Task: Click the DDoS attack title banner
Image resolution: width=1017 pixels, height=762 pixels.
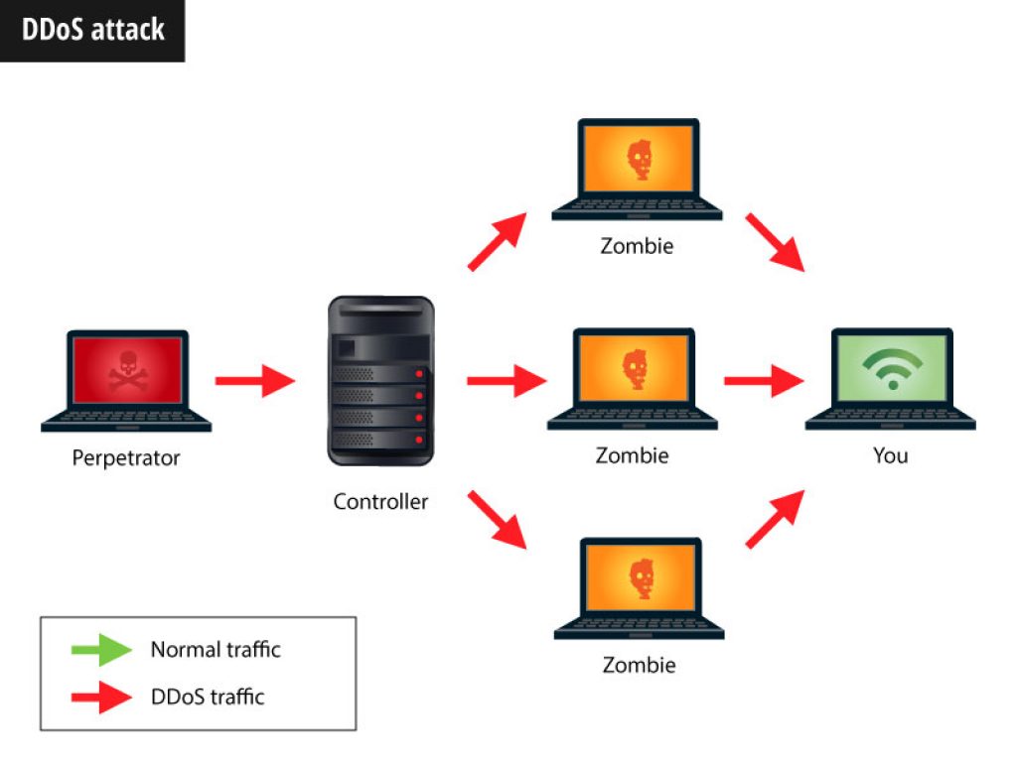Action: click(x=92, y=31)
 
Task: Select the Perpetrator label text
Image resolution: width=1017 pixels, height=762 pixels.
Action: click(x=126, y=458)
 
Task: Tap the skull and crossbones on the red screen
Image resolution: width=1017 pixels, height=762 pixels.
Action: click(x=128, y=371)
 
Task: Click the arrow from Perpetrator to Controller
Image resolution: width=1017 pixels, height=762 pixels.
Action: click(x=255, y=380)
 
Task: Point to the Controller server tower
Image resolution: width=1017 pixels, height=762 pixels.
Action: click(x=380, y=381)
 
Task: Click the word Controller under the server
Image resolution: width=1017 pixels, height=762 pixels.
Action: click(x=380, y=501)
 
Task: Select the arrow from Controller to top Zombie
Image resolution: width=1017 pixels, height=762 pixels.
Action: click(x=497, y=241)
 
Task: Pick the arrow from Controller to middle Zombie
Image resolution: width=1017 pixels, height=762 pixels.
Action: click(x=507, y=380)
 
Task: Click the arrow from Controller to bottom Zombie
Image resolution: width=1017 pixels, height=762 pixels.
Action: click(x=497, y=520)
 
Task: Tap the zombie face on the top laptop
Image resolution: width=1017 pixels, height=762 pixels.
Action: click(x=639, y=160)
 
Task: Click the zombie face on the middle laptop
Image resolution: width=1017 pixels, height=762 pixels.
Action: click(x=635, y=369)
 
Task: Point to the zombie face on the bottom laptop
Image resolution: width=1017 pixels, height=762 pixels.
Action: click(x=642, y=578)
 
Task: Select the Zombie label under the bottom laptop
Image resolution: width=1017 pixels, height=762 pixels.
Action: click(x=639, y=665)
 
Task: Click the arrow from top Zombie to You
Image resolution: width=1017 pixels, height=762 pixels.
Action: click(x=775, y=242)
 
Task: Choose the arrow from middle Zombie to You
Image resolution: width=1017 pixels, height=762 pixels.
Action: click(x=764, y=380)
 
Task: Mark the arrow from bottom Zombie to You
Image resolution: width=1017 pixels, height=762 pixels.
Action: click(x=775, y=520)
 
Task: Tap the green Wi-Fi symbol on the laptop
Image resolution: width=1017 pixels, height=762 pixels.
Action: click(x=893, y=367)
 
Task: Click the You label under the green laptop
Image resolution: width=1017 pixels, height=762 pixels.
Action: click(x=891, y=455)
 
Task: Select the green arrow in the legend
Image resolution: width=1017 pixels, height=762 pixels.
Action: click(x=101, y=649)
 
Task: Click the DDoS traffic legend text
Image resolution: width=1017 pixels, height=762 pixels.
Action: click(x=208, y=697)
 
